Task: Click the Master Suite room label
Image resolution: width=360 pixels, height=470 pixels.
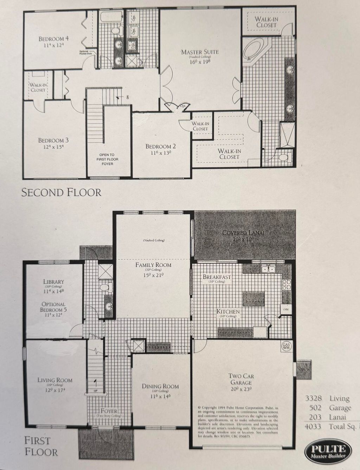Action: click(x=200, y=52)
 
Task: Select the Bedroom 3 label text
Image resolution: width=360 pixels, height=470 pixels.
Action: click(x=53, y=140)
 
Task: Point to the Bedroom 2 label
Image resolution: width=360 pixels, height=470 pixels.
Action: click(x=161, y=147)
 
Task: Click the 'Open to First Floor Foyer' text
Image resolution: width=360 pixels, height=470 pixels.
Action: click(x=109, y=159)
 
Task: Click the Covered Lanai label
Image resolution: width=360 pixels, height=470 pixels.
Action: click(x=243, y=233)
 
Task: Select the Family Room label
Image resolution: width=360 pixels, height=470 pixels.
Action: click(x=154, y=265)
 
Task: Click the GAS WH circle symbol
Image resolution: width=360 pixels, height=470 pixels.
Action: click(x=285, y=346)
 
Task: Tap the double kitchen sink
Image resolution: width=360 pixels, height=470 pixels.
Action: click(x=268, y=269)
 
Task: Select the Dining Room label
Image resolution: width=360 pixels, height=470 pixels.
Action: click(x=160, y=386)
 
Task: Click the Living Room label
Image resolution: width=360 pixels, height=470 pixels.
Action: click(x=55, y=380)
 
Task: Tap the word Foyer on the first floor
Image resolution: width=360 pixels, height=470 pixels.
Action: click(x=109, y=411)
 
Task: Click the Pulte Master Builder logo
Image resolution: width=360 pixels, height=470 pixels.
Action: click(x=328, y=451)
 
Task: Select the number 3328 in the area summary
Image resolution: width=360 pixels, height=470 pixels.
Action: click(x=314, y=399)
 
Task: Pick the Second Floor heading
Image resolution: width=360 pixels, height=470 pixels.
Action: click(x=62, y=192)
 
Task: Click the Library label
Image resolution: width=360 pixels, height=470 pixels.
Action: click(x=53, y=281)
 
